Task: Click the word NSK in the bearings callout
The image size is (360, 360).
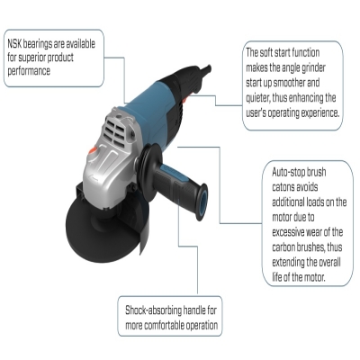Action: [14, 44]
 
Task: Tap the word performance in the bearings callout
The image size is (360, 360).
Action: [29, 71]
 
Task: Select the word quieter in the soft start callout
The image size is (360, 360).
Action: [258, 98]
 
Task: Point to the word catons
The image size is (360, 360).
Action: [283, 187]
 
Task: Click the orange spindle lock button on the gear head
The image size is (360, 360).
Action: [93, 150]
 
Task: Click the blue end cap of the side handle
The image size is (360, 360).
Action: [202, 202]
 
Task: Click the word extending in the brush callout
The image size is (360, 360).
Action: [288, 263]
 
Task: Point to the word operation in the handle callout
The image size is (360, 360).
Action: [202, 326]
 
